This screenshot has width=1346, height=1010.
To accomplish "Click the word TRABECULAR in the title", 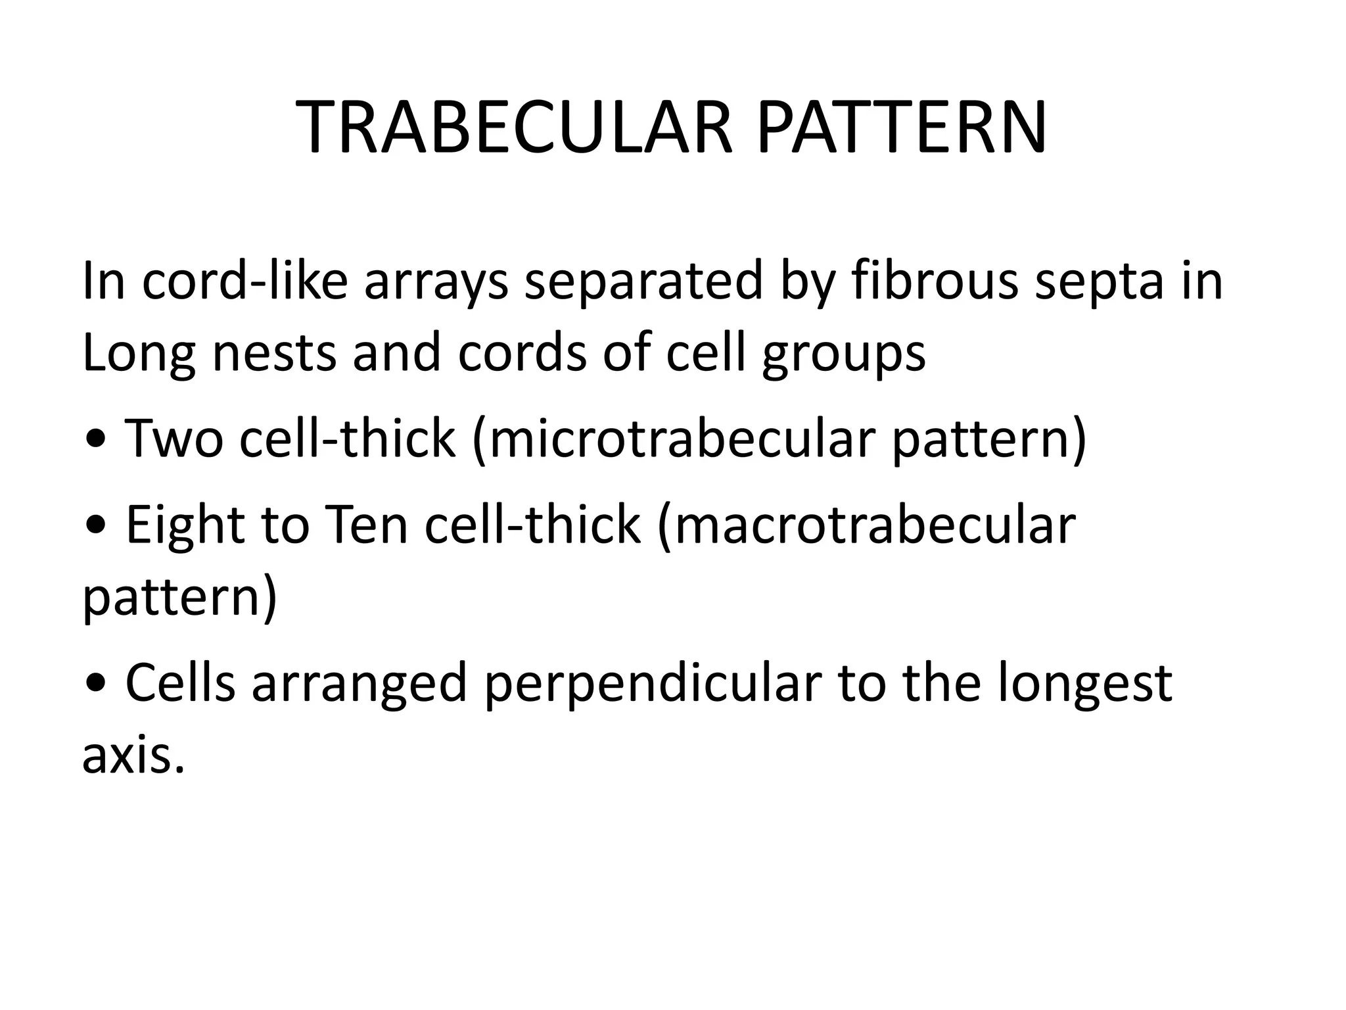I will (515, 128).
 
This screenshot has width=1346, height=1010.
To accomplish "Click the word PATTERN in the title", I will (901, 128).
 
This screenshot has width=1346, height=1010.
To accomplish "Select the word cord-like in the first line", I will (245, 282).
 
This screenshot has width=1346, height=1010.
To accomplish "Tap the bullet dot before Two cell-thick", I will (97, 440).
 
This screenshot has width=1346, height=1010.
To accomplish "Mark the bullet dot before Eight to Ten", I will (97, 526).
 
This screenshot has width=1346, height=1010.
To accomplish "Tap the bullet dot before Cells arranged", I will (97, 685).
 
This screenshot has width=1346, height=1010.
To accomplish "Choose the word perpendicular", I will (653, 685).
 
